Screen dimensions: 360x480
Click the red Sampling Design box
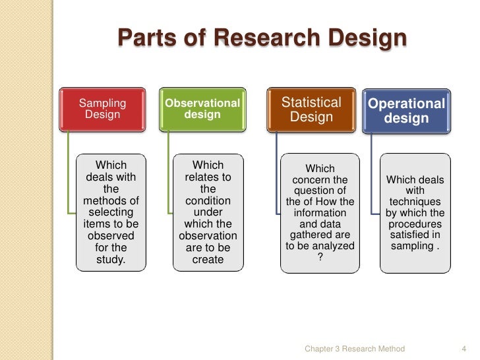pos(103,109)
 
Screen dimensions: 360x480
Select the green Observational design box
pos(202,109)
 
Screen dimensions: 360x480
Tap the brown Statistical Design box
pos(311,109)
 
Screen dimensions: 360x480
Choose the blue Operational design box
pos(407,109)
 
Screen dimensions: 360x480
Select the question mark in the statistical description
pos(320,258)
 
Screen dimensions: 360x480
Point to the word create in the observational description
pos(208,260)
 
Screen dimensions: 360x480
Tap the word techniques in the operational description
pos(415,201)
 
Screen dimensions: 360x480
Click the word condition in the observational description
pos(208,200)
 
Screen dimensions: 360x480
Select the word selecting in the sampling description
pos(110,212)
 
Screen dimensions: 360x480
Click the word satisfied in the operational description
pos(415,235)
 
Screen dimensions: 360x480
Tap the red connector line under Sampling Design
pos(68,171)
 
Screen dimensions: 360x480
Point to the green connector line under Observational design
pos(168,171)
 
